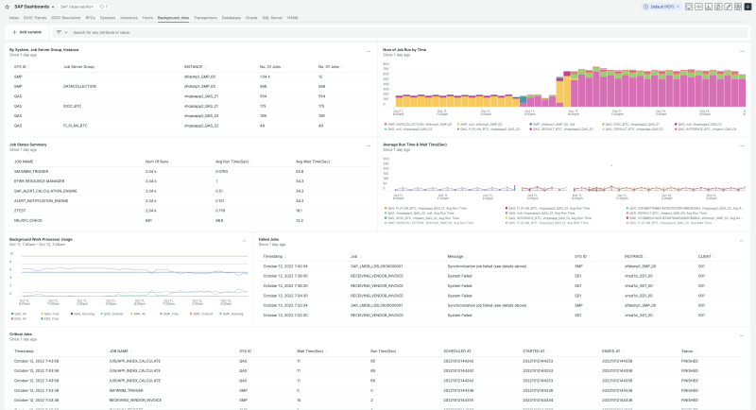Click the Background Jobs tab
click(x=173, y=18)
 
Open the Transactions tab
click(x=205, y=18)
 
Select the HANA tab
click(x=293, y=18)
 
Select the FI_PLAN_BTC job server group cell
click(x=76, y=125)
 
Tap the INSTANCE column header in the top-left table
click(x=193, y=67)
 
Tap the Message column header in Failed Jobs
click(x=456, y=256)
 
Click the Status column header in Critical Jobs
click(x=687, y=350)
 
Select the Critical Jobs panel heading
click(x=24, y=333)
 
